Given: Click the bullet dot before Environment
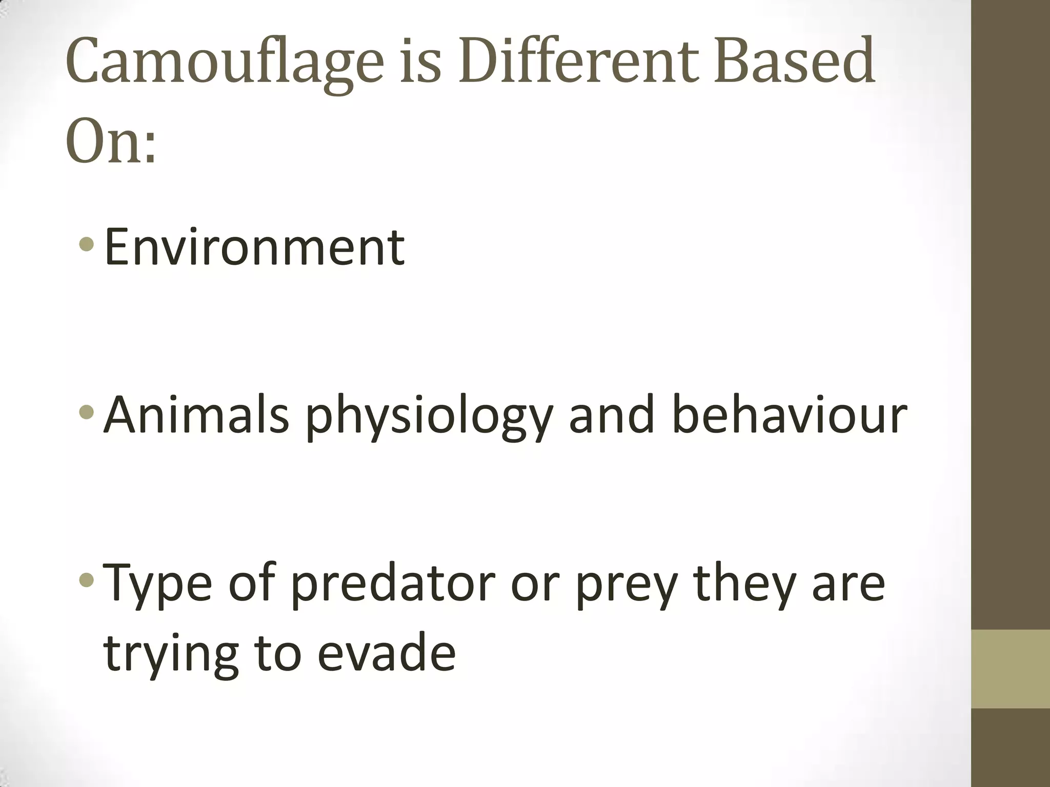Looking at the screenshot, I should coord(87,245).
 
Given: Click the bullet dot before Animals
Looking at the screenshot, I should coord(87,411).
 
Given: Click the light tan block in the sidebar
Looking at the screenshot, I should coord(1010,669).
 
